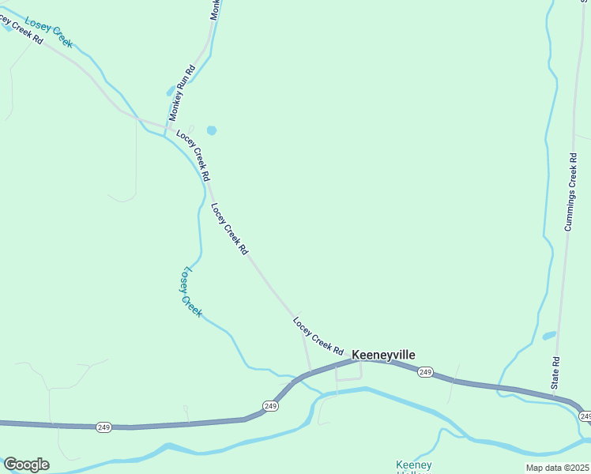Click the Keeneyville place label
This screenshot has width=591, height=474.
(x=383, y=355)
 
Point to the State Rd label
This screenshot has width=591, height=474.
(x=555, y=372)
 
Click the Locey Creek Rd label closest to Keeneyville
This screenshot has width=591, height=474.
(x=318, y=336)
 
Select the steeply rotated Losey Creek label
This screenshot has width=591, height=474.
(x=190, y=291)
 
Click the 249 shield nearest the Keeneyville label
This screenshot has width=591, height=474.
(x=425, y=372)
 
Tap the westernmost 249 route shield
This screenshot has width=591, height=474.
(x=104, y=427)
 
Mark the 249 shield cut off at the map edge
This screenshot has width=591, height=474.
(x=585, y=416)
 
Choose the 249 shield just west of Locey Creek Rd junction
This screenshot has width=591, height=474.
(x=270, y=406)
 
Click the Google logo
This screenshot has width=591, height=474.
(x=26, y=465)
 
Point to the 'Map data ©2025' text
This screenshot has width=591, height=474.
(x=558, y=468)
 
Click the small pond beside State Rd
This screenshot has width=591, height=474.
(x=549, y=336)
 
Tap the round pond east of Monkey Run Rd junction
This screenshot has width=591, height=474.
(x=211, y=130)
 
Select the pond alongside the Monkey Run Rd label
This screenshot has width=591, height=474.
(x=171, y=91)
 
